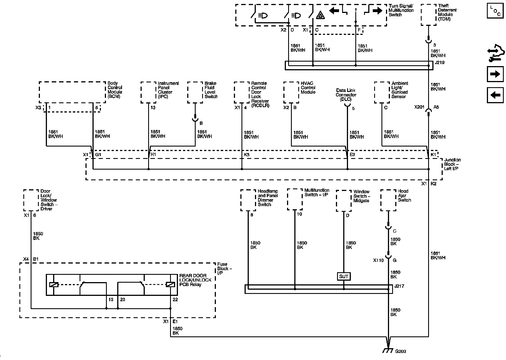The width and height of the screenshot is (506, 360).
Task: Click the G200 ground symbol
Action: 388,350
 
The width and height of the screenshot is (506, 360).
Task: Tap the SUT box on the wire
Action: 344,276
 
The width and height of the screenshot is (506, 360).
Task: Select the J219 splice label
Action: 439,63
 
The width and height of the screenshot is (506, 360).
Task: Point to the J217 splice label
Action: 399,286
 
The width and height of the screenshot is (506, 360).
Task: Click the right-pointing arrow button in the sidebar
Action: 495,74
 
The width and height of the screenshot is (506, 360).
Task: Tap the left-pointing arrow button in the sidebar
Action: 495,95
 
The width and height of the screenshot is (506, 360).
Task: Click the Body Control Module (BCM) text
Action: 115,90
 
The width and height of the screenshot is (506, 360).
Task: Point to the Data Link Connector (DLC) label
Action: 346,95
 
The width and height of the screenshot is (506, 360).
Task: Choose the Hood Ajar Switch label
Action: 405,195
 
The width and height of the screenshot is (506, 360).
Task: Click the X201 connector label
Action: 419,107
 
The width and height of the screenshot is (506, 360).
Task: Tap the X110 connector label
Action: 378,260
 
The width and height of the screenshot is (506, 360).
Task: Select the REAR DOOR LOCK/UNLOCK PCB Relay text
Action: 195,280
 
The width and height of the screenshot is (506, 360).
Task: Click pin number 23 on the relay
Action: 123,300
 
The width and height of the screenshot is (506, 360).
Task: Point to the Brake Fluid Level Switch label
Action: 211,90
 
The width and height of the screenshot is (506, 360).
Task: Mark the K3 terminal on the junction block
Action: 247,155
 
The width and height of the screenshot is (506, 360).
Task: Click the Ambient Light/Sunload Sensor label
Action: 400,90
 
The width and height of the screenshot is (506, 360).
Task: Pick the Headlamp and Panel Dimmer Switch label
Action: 268,198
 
